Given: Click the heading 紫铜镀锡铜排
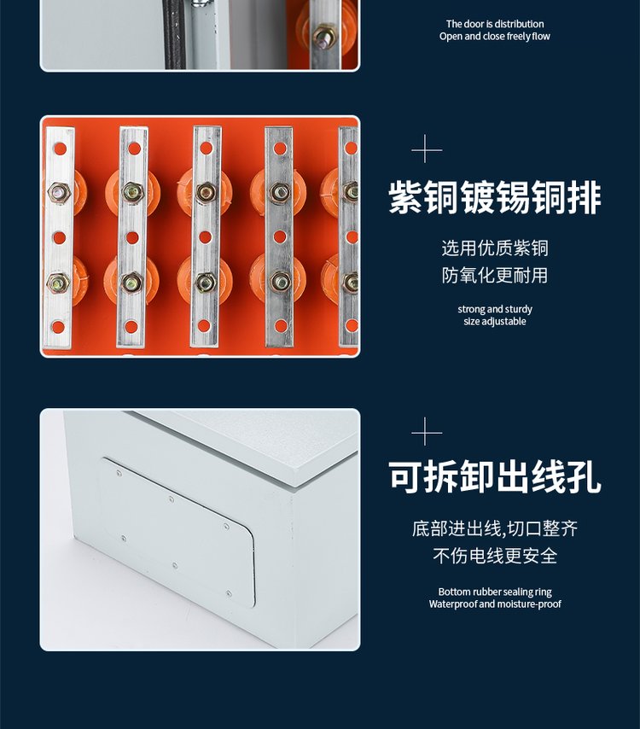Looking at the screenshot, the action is coord(495,197).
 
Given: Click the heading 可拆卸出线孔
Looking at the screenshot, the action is coord(495,476).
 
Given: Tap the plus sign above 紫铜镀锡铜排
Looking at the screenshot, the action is coord(427,149).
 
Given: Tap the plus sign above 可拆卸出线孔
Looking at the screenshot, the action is coord(427,431).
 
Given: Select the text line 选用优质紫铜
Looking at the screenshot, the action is coord(495,248).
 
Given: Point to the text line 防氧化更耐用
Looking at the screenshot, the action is coord(495,275).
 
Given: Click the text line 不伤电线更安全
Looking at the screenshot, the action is coord(495,555).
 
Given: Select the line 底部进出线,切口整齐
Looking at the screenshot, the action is coord(495,528).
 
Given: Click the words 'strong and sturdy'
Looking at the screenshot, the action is coord(495,309).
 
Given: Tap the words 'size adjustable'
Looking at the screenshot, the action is coord(495,321).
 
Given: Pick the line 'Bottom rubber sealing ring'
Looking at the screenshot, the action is coord(495,592).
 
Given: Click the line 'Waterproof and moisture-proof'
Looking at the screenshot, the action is coord(495,604).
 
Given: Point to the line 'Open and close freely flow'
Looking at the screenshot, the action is coord(495,36).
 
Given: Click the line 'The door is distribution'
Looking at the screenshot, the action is coord(495,24).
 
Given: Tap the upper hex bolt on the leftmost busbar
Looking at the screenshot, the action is coord(59,192).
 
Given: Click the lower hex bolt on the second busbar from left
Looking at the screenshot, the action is coord(132,283).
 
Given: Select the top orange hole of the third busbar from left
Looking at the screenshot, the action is coord(206,149).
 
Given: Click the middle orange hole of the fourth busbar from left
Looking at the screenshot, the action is coord(279,237).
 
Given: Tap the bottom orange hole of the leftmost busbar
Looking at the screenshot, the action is coord(58,327).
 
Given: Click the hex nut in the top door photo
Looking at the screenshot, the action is coord(325,36).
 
